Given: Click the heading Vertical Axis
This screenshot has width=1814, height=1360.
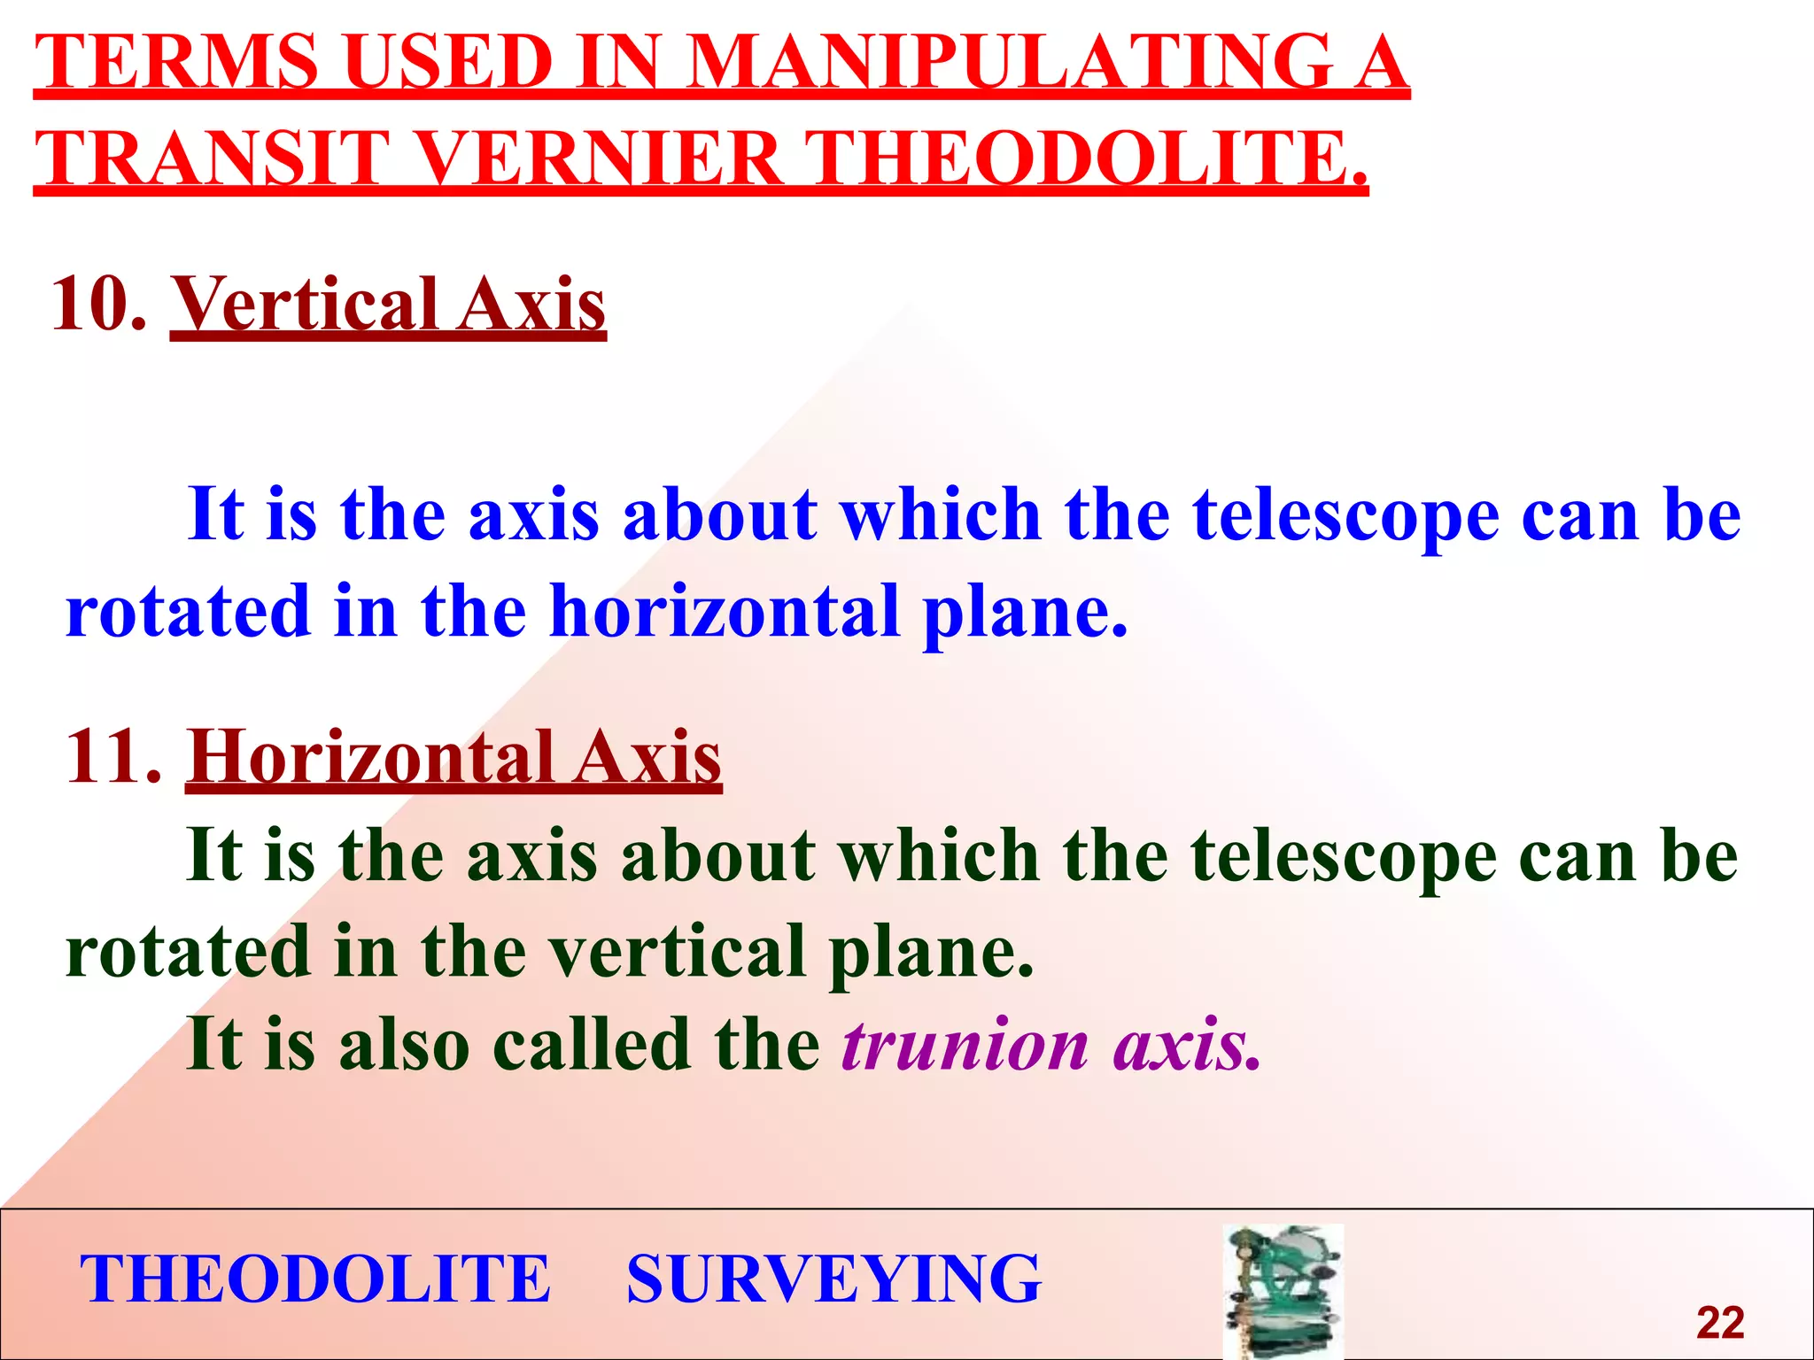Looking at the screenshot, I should (388, 304).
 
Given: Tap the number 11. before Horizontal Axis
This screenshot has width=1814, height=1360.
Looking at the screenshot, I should (113, 757).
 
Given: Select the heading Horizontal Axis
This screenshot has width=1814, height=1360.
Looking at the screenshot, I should (453, 757).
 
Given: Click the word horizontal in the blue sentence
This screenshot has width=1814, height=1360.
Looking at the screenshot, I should (725, 611).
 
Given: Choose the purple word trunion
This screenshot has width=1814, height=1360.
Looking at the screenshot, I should (965, 1045).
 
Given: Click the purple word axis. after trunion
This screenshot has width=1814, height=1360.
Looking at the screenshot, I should (1187, 1045).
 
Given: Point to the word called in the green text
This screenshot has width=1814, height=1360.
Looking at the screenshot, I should (592, 1045).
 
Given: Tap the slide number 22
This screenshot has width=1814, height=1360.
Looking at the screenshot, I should (1720, 1323).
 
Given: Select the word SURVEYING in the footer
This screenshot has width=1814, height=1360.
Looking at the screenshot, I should (833, 1279).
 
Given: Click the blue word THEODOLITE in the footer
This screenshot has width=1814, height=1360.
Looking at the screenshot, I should (315, 1279).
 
